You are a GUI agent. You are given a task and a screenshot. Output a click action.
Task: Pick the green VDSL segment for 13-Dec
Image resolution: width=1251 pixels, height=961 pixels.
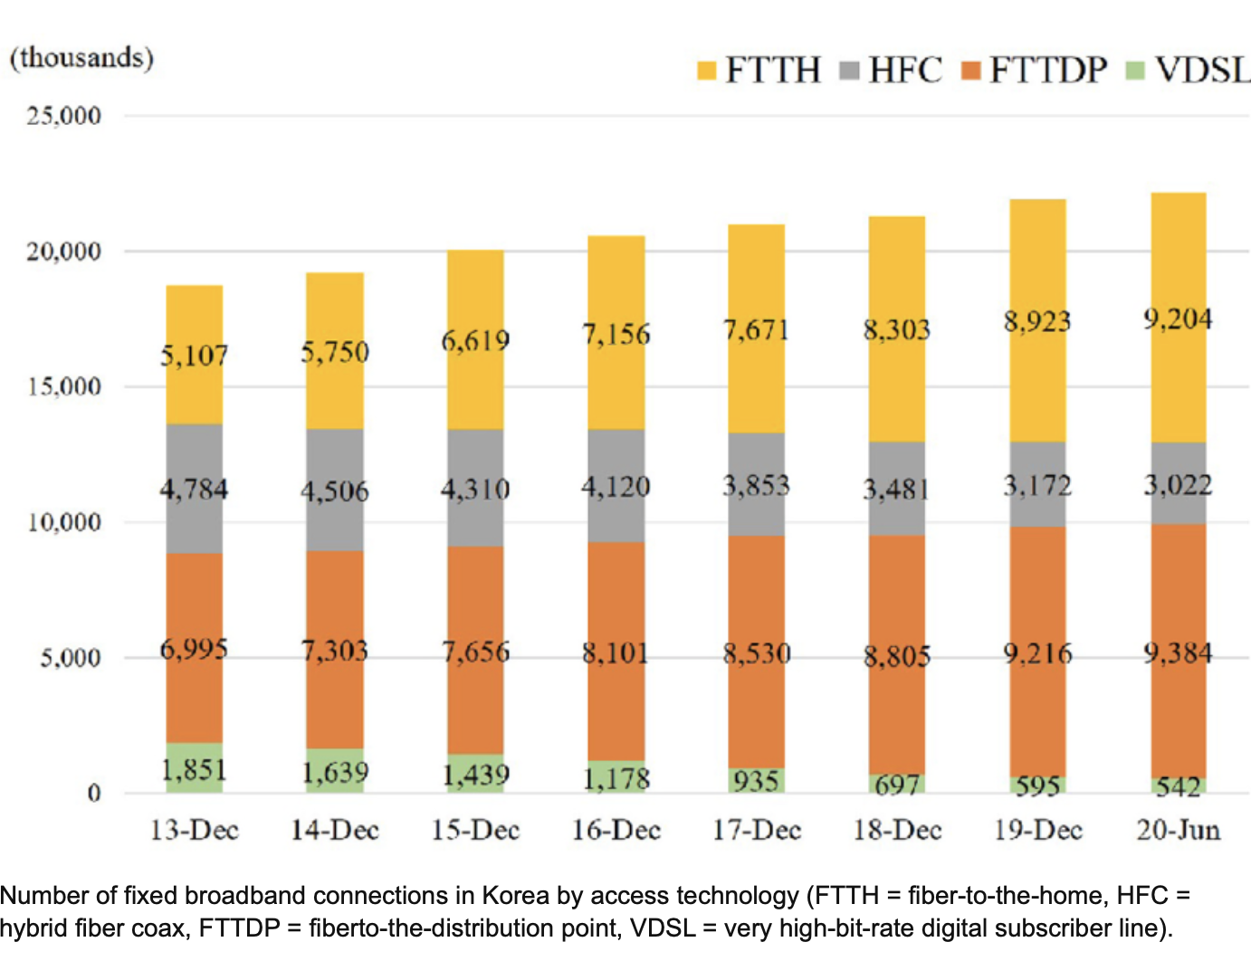tap(195, 768)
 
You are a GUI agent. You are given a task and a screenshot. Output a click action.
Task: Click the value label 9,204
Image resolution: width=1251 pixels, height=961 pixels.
tap(1178, 319)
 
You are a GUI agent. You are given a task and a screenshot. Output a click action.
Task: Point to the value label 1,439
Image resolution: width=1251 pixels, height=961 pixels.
tap(475, 775)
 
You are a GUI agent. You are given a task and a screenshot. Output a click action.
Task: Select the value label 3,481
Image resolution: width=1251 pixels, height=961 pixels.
tap(896, 490)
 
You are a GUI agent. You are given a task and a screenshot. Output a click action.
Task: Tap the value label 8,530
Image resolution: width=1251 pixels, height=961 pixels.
tap(757, 653)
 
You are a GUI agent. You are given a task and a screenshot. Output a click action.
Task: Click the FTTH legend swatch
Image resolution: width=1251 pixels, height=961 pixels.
tap(707, 71)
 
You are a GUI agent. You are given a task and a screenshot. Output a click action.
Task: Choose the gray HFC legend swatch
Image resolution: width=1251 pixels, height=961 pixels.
tap(849, 71)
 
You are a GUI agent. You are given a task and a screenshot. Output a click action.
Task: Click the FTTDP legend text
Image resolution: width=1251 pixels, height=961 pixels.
tap(1048, 70)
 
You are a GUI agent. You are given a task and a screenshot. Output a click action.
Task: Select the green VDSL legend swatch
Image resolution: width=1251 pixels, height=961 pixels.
tap(1135, 71)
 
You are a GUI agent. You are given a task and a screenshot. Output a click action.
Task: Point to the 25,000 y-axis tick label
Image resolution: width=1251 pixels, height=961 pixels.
tap(63, 116)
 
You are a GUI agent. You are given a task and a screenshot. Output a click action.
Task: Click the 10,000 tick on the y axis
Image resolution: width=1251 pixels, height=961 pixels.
tap(63, 522)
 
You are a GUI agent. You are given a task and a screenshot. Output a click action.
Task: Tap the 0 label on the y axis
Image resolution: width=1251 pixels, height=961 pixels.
tap(93, 794)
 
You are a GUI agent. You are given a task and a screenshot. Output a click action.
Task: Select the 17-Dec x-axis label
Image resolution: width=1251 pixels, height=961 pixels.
tap(757, 830)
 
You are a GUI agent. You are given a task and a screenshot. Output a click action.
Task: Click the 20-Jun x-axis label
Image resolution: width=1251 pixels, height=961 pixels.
tap(1178, 830)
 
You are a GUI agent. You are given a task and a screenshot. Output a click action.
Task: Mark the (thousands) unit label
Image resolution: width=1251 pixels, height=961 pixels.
tap(81, 58)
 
